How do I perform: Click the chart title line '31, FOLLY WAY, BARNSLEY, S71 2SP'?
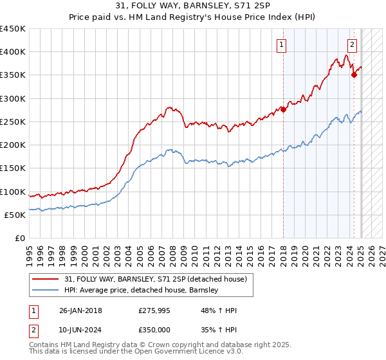coord(192,7)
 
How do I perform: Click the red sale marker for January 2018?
coord(284,109)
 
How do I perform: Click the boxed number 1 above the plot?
coord(282,44)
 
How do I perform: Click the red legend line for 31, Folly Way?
coord(45,279)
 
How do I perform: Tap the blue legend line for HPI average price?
coord(45,291)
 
